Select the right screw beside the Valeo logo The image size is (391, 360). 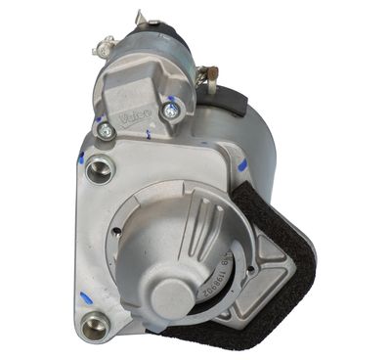[x=171, y=111]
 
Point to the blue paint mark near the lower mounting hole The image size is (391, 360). [x=83, y=294]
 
